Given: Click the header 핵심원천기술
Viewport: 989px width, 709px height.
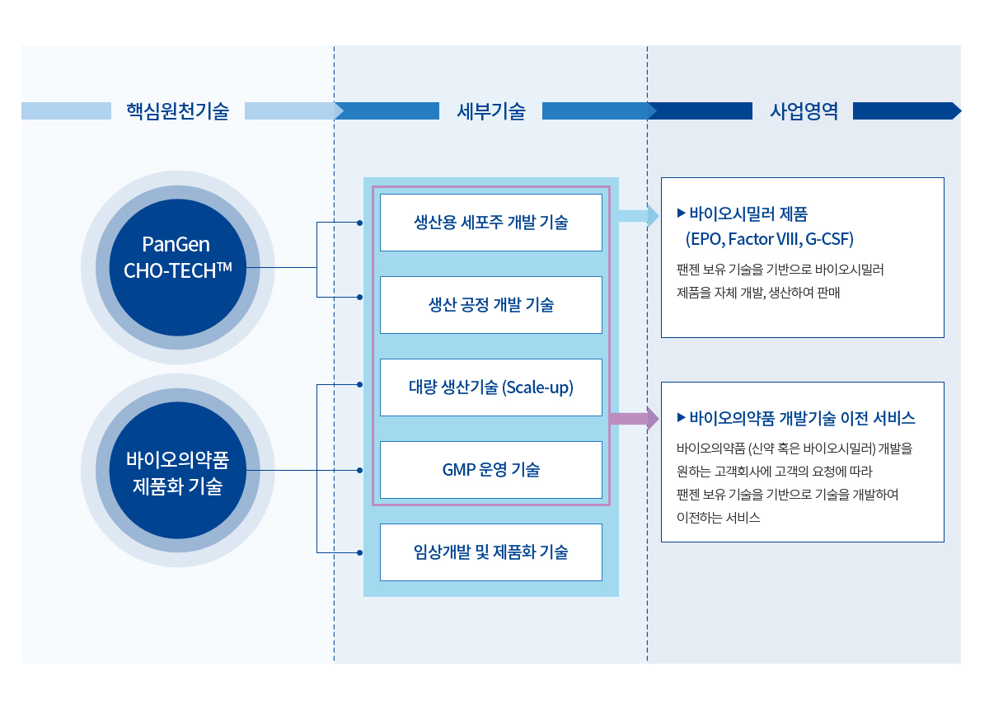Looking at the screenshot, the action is (177, 110).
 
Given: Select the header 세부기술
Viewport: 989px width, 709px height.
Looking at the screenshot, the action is (491, 110).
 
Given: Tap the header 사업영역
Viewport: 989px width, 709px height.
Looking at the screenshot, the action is (804, 110).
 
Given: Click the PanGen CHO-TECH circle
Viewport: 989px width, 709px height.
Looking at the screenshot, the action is (177, 267).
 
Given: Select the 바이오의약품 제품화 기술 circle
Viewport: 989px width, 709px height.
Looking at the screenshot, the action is (177, 470).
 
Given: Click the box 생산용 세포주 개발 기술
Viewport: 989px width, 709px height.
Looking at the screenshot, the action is (491, 223).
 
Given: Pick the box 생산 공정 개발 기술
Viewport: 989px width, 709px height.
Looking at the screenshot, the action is (491, 305).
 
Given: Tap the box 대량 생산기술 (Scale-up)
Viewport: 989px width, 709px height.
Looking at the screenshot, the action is (491, 387).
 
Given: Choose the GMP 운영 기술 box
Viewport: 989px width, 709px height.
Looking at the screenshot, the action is (491, 470).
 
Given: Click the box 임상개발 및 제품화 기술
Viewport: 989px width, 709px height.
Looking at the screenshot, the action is (491, 552).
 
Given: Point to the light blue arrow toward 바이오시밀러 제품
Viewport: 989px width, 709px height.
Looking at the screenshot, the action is (639, 215).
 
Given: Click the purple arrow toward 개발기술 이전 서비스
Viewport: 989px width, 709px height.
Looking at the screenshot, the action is (635, 418).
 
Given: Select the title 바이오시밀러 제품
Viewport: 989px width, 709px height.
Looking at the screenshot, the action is (748, 214).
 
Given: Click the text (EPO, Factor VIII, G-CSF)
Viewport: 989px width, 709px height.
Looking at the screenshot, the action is (770, 239).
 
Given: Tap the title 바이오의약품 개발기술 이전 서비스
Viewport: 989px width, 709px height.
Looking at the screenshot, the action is (802, 418).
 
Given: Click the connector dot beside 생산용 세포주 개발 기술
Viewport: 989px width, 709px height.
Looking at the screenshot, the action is (360, 223).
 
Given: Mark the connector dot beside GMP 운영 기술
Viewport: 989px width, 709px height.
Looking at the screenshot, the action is (360, 470).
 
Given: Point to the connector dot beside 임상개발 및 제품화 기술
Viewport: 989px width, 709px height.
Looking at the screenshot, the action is (360, 552).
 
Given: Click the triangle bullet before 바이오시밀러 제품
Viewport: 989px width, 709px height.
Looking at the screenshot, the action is (682, 214).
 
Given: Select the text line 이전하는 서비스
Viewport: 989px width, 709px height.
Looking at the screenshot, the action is (719, 517).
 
